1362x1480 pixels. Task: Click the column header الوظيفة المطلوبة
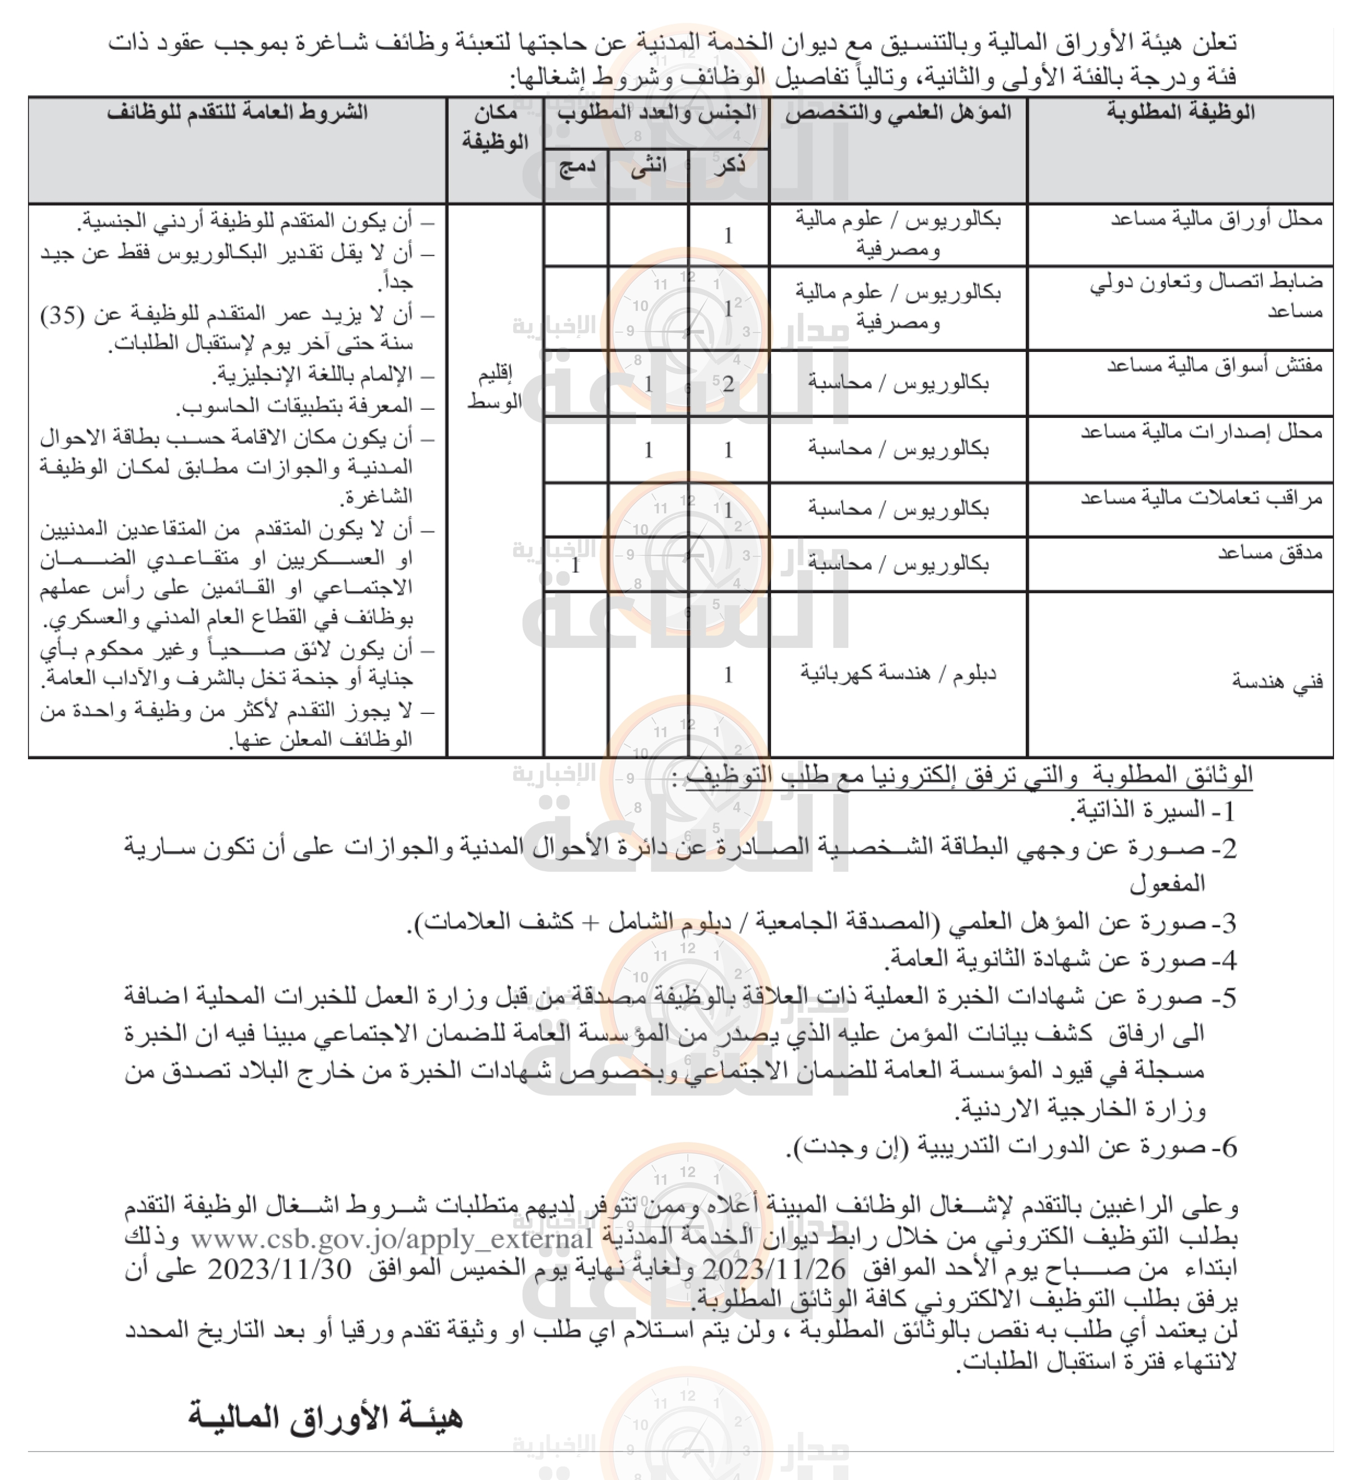pyautogui.click(x=1180, y=113)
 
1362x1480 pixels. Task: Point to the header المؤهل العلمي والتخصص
pyautogui.click(x=898, y=113)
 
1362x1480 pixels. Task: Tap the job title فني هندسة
pyautogui.click(x=1278, y=681)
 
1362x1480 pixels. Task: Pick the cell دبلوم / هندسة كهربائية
pyautogui.click(x=898, y=674)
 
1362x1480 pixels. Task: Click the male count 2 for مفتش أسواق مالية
pyautogui.click(x=728, y=384)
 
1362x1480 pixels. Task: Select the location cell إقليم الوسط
pyautogui.click(x=495, y=388)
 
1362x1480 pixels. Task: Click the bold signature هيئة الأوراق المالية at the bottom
pyautogui.click(x=325, y=1417)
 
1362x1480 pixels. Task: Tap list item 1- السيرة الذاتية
pyautogui.click(x=1153, y=811)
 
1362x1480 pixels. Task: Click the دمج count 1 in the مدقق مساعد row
pyautogui.click(x=576, y=565)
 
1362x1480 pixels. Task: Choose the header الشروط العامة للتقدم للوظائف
pyautogui.click(x=237, y=113)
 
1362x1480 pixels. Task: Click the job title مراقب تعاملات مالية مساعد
pyautogui.click(x=1201, y=498)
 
